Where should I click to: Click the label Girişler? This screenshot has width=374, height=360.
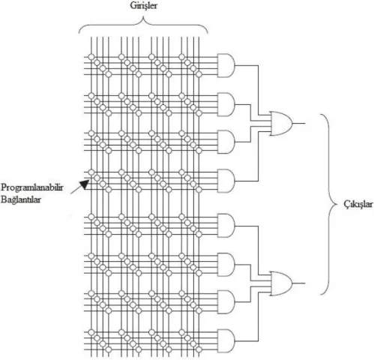143,6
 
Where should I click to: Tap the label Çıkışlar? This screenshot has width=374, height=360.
358,204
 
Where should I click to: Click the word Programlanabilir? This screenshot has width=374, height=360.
32,187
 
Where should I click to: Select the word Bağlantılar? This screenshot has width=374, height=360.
21,199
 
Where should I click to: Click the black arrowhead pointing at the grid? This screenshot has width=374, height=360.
85,184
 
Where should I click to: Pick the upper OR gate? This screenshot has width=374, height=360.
280,124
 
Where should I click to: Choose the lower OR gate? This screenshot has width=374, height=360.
280,283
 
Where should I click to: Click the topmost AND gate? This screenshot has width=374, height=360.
226,65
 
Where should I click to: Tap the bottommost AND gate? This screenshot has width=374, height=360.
226,341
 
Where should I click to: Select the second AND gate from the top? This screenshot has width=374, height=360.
226,105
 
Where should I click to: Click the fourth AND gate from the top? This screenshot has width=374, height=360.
226,181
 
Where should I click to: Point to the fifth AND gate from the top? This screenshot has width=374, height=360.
226,226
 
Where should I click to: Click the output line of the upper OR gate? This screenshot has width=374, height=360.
298,123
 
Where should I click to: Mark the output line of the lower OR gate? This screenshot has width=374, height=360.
298,283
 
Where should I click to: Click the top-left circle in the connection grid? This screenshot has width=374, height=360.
91,57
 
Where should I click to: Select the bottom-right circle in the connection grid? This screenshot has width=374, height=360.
199,349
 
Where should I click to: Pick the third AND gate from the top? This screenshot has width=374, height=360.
226,142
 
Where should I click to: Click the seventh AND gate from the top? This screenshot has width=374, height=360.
226,302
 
